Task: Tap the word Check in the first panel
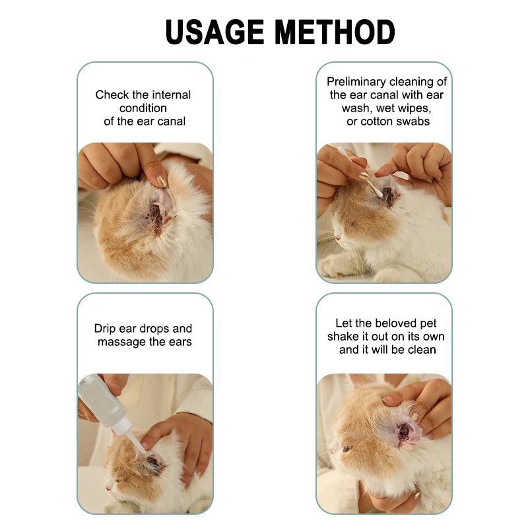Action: [x=112, y=94]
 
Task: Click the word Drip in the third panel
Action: [x=106, y=328]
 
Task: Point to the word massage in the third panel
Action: [x=121, y=342]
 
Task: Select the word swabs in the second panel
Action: [x=414, y=121]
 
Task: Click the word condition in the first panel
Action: [x=143, y=108]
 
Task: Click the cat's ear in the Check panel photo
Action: [x=159, y=208]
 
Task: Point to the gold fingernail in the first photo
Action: [x=161, y=180]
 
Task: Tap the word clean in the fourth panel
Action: [x=420, y=350]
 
